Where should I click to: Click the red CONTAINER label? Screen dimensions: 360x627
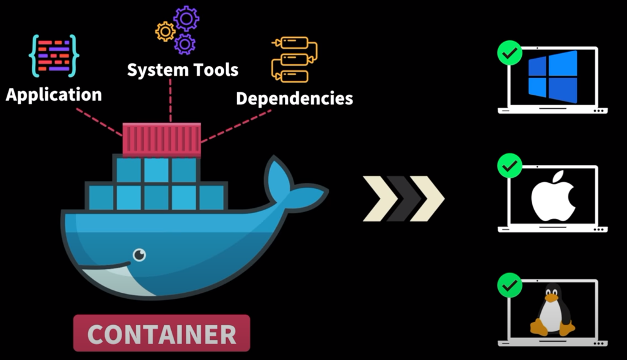161,334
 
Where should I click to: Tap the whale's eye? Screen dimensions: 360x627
139,254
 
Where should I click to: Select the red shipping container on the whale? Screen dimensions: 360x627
161,139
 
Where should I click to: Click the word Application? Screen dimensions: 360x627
54,95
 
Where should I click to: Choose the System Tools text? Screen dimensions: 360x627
182,70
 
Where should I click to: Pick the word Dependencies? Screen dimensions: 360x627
294,98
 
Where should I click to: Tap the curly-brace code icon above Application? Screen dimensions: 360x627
54,56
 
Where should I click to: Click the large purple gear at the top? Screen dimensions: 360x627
186,18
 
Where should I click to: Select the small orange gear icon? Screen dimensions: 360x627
165,31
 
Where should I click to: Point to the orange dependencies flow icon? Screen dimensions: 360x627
294,60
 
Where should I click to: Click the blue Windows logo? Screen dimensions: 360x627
552,77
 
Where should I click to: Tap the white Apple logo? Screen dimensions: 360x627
552,196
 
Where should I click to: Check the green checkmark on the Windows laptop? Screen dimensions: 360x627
510,53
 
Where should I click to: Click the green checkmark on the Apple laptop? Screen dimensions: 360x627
510,166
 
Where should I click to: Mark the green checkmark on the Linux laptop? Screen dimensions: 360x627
510,284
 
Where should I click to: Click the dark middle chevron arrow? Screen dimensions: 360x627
403,199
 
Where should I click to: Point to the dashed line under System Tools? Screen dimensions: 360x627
170,100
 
